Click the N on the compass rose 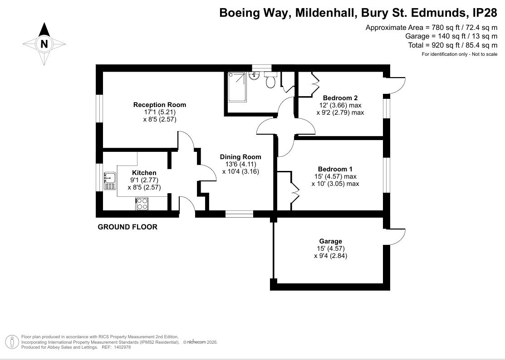click(x=44, y=44)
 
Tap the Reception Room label click(x=159, y=105)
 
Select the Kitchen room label click(x=144, y=173)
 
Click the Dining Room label click(x=240, y=157)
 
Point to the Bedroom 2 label click(x=340, y=97)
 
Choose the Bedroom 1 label click(x=335, y=169)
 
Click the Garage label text click(x=330, y=241)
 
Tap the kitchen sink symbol click(x=110, y=180)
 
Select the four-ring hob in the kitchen click(x=142, y=204)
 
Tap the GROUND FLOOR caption click(x=127, y=227)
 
